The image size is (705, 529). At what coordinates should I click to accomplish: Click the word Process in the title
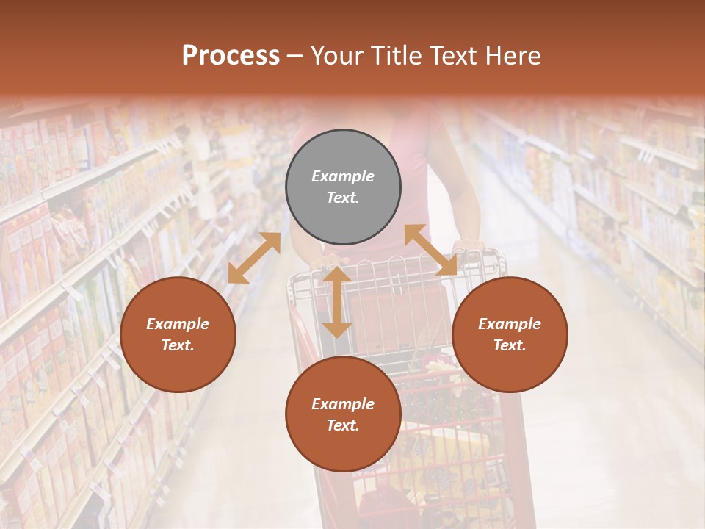pyautogui.click(x=231, y=56)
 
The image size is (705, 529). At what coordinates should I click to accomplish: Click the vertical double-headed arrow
pyautogui.click(x=337, y=302)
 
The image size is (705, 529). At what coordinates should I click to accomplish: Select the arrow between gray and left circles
pyautogui.click(x=254, y=257)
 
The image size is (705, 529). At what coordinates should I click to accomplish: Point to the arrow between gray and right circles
pyautogui.click(x=431, y=250)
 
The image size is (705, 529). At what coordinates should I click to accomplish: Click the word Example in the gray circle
pyautogui.click(x=343, y=176)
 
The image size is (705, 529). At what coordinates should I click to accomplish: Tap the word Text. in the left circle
pyautogui.click(x=178, y=345)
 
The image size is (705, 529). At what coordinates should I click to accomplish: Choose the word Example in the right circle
pyautogui.click(x=510, y=324)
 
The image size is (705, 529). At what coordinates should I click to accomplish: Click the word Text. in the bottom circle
pyautogui.click(x=343, y=425)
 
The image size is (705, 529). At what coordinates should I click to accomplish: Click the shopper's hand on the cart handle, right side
pyautogui.click(x=467, y=248)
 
